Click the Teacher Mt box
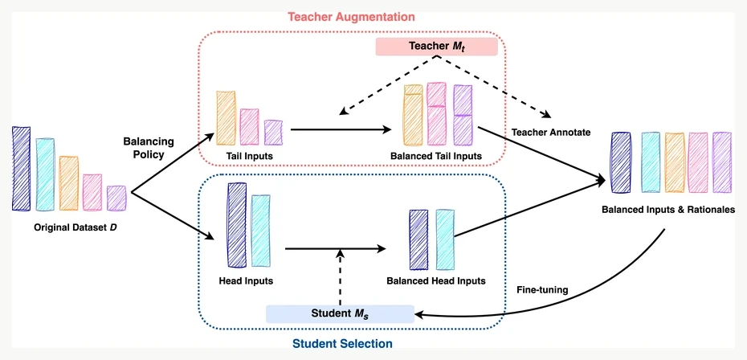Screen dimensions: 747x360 point(436,47)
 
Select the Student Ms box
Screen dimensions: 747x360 point(340,313)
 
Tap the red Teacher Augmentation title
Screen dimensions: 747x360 point(351,17)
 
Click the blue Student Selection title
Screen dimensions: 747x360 point(342,344)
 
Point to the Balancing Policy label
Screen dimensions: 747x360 point(149,148)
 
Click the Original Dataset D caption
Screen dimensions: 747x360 point(76,228)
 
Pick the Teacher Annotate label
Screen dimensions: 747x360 point(551,132)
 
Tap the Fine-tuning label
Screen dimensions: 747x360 point(542,290)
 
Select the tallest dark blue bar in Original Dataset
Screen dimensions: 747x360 point(22,169)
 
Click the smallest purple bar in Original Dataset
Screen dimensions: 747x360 point(116,198)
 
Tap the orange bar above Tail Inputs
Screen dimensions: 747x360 point(226,118)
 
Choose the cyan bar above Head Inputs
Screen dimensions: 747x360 point(260,231)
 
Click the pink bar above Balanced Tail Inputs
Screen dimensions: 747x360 point(436,113)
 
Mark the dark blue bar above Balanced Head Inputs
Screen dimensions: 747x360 point(418,239)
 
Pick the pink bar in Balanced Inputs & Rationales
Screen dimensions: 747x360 point(698,162)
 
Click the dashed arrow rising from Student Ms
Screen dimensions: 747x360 point(340,277)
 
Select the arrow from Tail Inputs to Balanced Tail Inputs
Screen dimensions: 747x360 point(341,129)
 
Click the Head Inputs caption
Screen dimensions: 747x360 point(246,280)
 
